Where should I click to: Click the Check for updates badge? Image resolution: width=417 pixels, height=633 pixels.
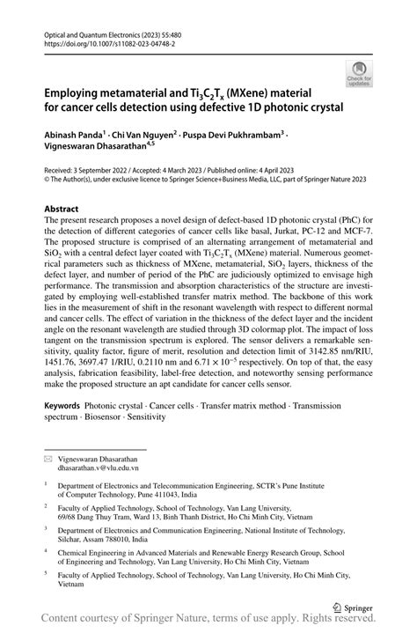(359, 73)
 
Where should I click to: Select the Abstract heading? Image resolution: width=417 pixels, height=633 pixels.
(68, 210)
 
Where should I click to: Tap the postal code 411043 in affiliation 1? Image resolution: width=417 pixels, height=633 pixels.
(201, 492)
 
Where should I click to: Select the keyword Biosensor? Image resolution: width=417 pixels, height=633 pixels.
(113, 420)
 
